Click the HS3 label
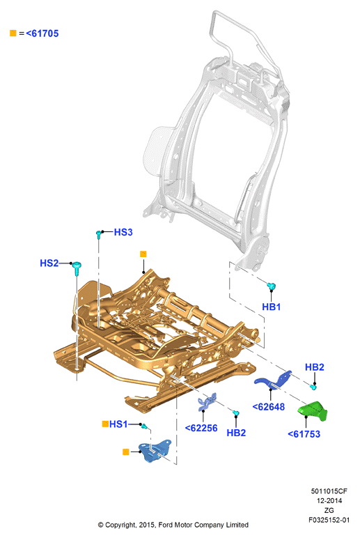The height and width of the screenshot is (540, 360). pos(123,232)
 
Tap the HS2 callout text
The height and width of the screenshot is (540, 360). pos(49,263)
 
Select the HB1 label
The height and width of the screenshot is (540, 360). pos(271,307)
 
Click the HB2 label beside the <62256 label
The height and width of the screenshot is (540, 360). pos(236,433)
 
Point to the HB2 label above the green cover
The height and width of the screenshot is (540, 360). pos(315,367)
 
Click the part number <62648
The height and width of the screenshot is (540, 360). pos(269,407)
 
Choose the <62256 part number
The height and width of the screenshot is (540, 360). pos(201,428)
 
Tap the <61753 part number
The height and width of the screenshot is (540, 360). pos(304,434)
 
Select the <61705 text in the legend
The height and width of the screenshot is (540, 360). pos(42,33)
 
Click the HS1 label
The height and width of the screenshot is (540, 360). pos(118,424)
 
